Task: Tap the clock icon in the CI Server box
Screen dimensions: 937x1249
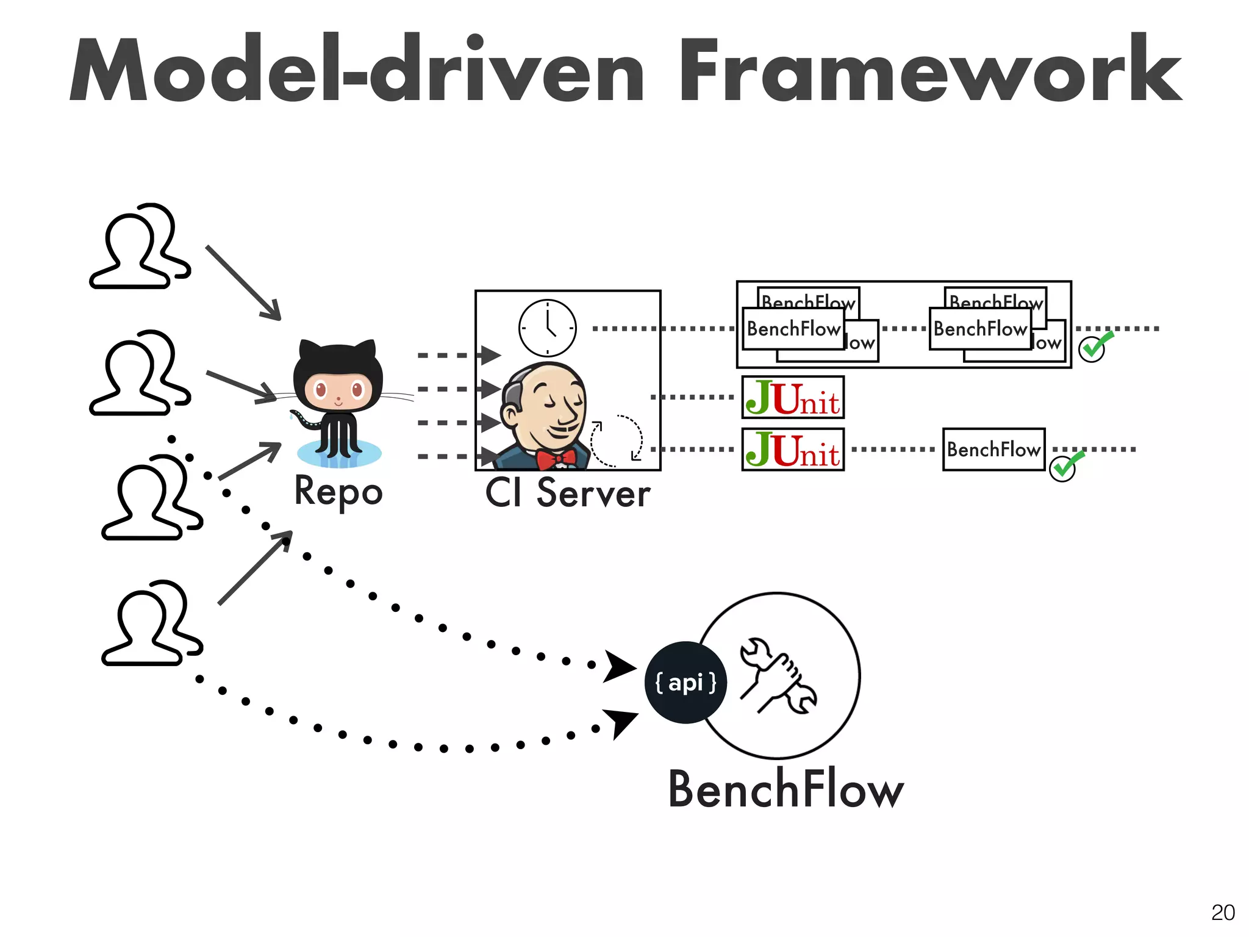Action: click(x=547, y=328)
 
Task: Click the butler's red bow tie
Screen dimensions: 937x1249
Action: click(x=556, y=459)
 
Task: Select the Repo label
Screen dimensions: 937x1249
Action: click(x=338, y=492)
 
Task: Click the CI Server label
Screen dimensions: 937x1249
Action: click(x=567, y=494)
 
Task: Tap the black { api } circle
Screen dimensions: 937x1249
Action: click(x=685, y=683)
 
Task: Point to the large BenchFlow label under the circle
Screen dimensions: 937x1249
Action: click(x=786, y=789)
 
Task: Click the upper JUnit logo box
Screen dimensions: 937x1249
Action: click(x=793, y=398)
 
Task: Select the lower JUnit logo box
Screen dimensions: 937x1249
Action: click(x=793, y=450)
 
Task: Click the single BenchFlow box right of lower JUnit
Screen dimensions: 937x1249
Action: click(x=993, y=450)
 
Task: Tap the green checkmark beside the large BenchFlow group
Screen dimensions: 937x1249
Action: click(x=1095, y=346)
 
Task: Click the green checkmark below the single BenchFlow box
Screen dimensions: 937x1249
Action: click(x=1065, y=467)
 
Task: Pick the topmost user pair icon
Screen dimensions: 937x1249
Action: click(x=140, y=246)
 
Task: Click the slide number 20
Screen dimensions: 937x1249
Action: click(x=1222, y=913)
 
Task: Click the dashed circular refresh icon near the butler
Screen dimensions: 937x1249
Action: click(x=616, y=441)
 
